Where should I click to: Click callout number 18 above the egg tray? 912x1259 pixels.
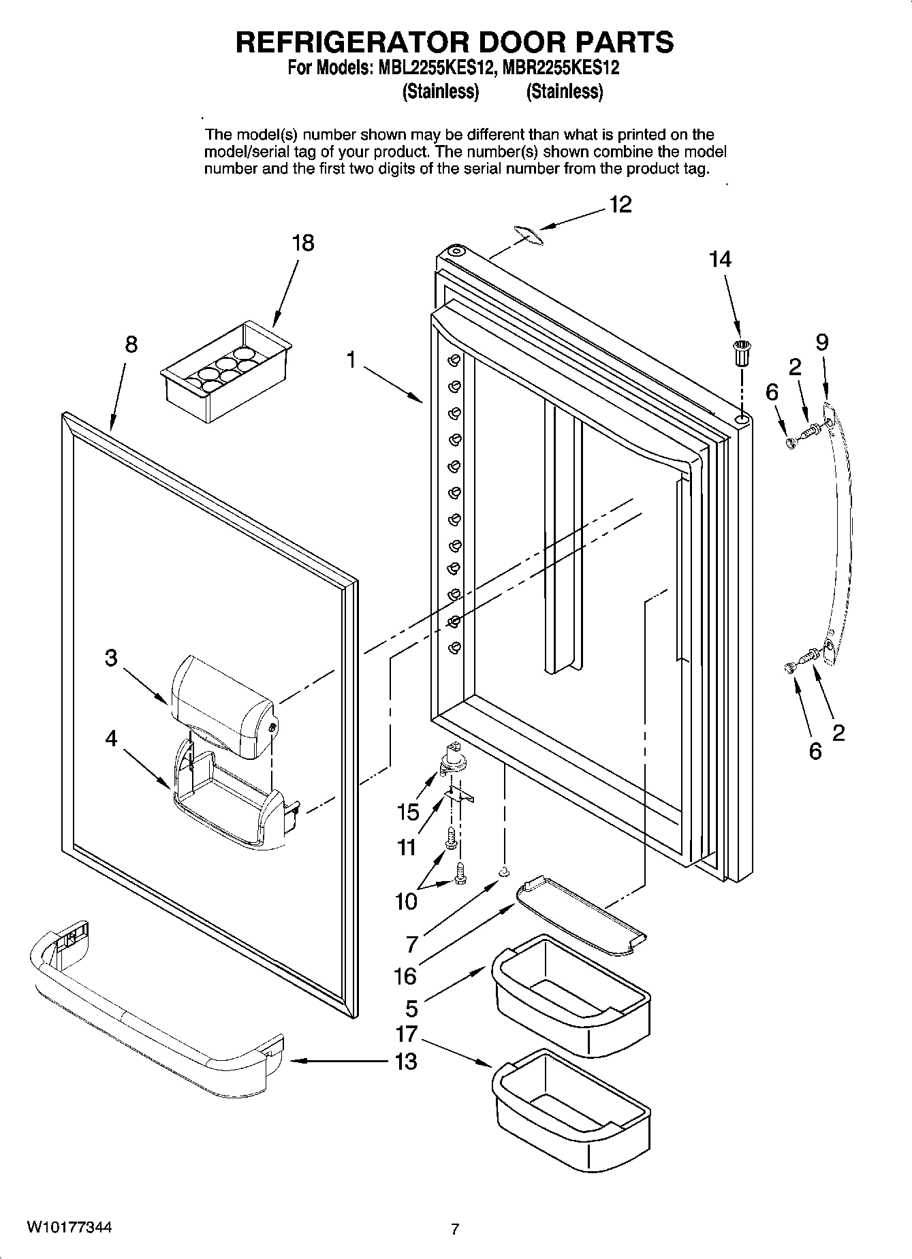pos(303,243)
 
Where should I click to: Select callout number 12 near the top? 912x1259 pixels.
pos(620,204)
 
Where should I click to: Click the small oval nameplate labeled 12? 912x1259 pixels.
pos(527,234)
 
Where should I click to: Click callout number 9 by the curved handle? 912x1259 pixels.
pos(822,342)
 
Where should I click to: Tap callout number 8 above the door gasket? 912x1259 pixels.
pos(131,345)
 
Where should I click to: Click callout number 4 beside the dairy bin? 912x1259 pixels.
pos(111,738)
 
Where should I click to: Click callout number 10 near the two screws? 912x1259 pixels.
pos(406,901)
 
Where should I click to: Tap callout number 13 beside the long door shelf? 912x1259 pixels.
pos(406,1061)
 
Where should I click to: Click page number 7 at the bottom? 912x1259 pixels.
pos(455,1229)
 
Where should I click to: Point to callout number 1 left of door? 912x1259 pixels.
pos(351,359)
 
